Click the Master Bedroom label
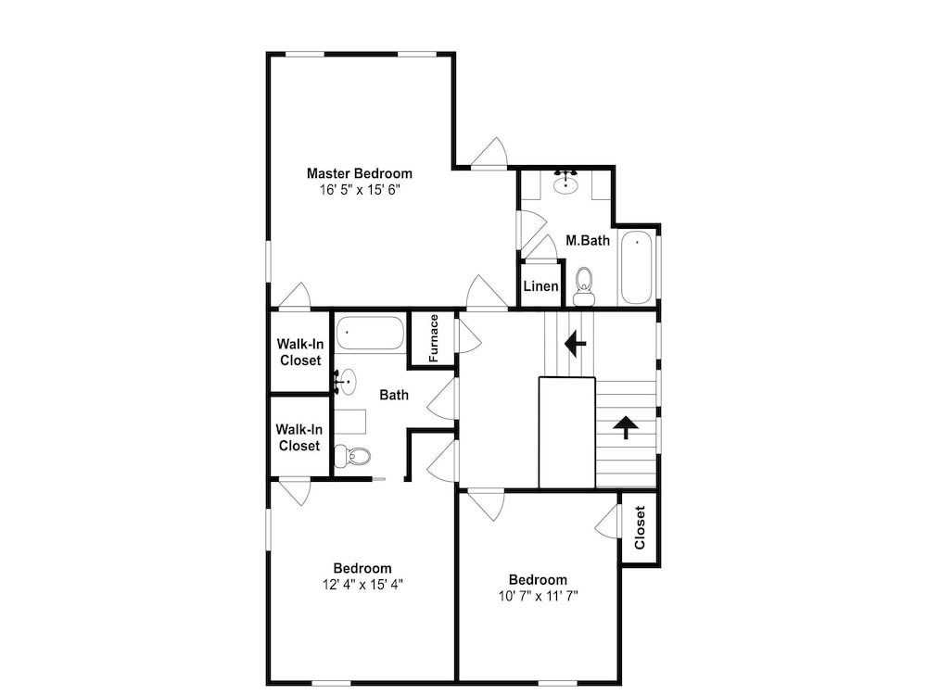tap(360, 174)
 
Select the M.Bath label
tap(588, 241)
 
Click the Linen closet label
tap(541, 286)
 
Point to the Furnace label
tap(433, 338)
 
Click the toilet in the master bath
tap(584, 286)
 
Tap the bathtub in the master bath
tap(636, 268)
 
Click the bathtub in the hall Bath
tap(370, 334)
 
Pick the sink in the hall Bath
tap(347, 382)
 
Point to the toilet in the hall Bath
tap(352, 456)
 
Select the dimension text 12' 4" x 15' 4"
tap(362, 585)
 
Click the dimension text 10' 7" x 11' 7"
tap(538, 596)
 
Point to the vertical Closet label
tap(640, 528)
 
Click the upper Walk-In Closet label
tap(299, 352)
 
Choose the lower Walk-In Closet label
tap(299, 438)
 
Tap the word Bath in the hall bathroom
tap(394, 395)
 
